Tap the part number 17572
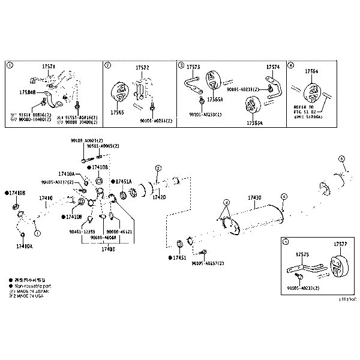142,67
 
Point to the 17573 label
193,67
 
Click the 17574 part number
272,67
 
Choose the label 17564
311,71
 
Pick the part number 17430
254,197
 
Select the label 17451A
123,181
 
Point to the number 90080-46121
119,231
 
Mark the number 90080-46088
103,238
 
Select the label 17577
340,244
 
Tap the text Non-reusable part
29,286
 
